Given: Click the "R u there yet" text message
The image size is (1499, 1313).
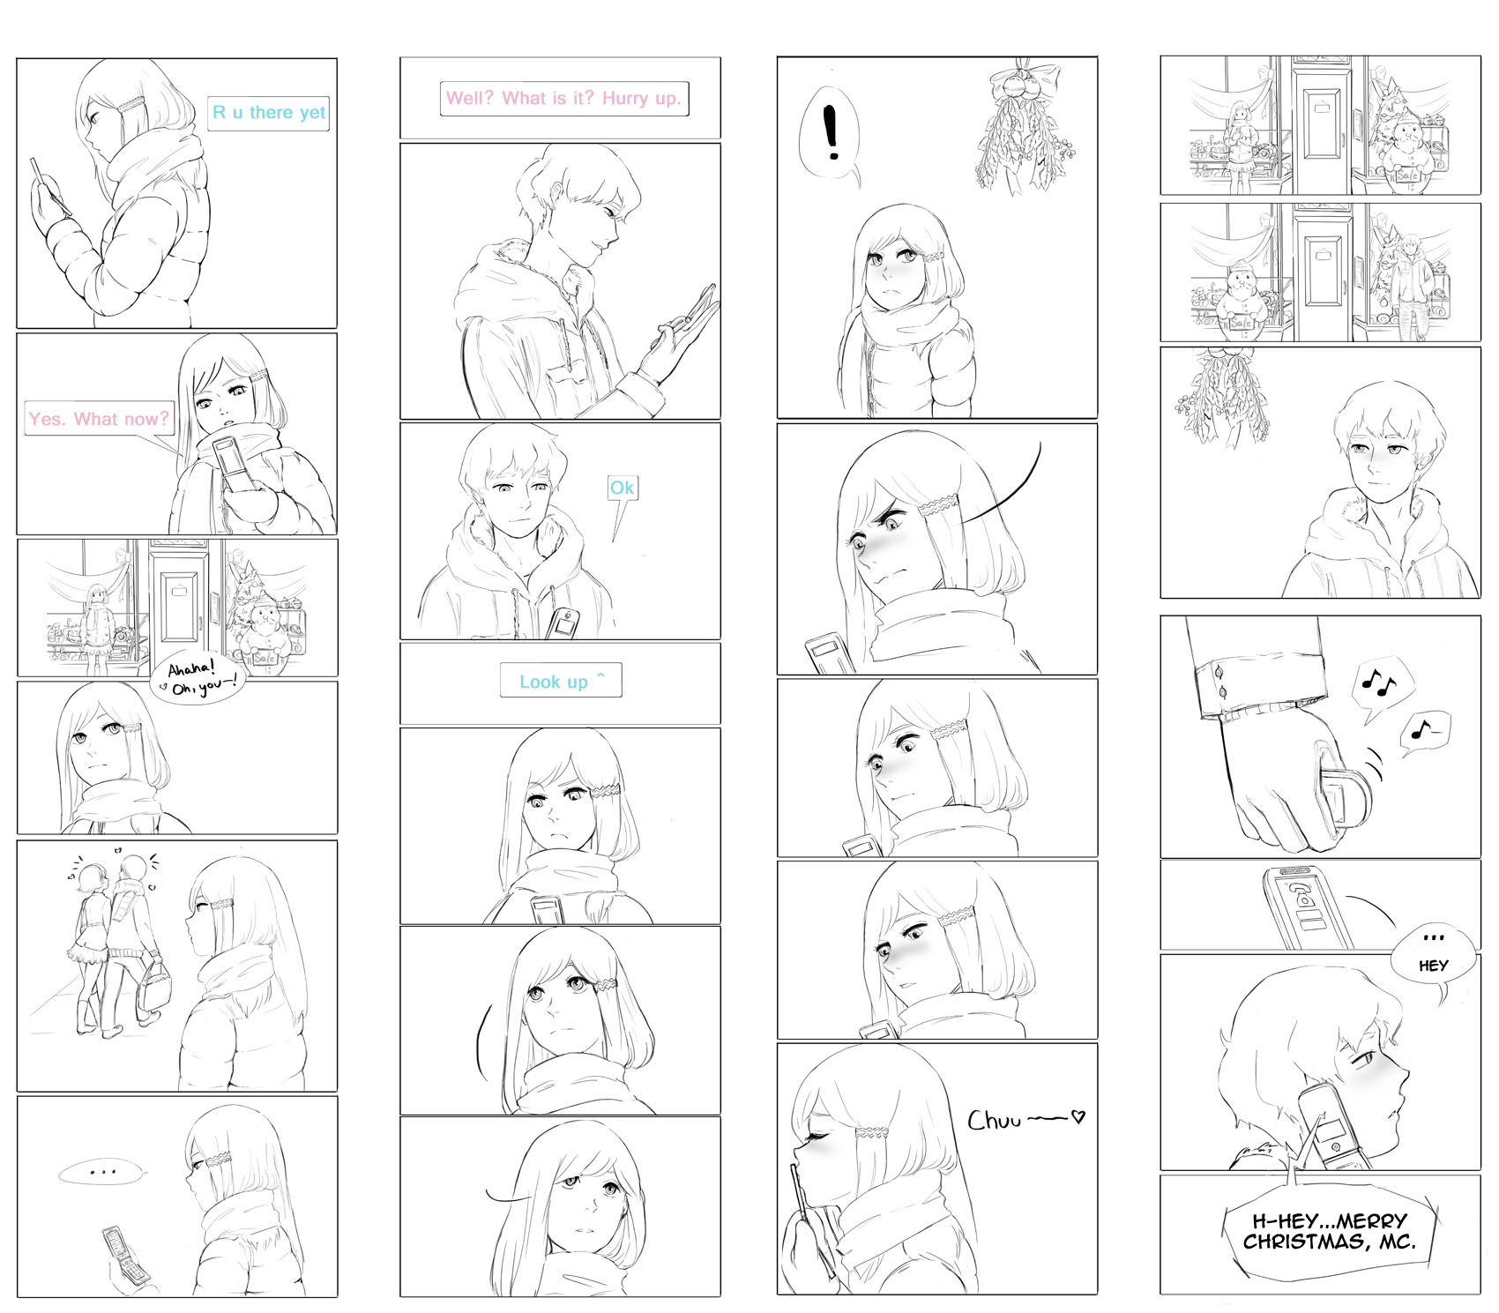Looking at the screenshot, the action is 268,113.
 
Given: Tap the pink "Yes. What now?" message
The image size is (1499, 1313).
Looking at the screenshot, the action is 99,419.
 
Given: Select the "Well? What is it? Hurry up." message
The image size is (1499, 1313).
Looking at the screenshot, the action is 563,98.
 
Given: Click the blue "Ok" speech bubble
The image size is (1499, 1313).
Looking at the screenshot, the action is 622,488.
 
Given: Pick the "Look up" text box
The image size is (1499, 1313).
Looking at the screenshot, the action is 561,681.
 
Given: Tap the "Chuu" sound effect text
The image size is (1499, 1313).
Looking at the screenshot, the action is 1025,1120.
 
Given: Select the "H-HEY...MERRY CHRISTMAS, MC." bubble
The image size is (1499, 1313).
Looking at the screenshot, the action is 1330,1231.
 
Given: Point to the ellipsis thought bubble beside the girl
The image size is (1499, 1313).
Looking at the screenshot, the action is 101,1173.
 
